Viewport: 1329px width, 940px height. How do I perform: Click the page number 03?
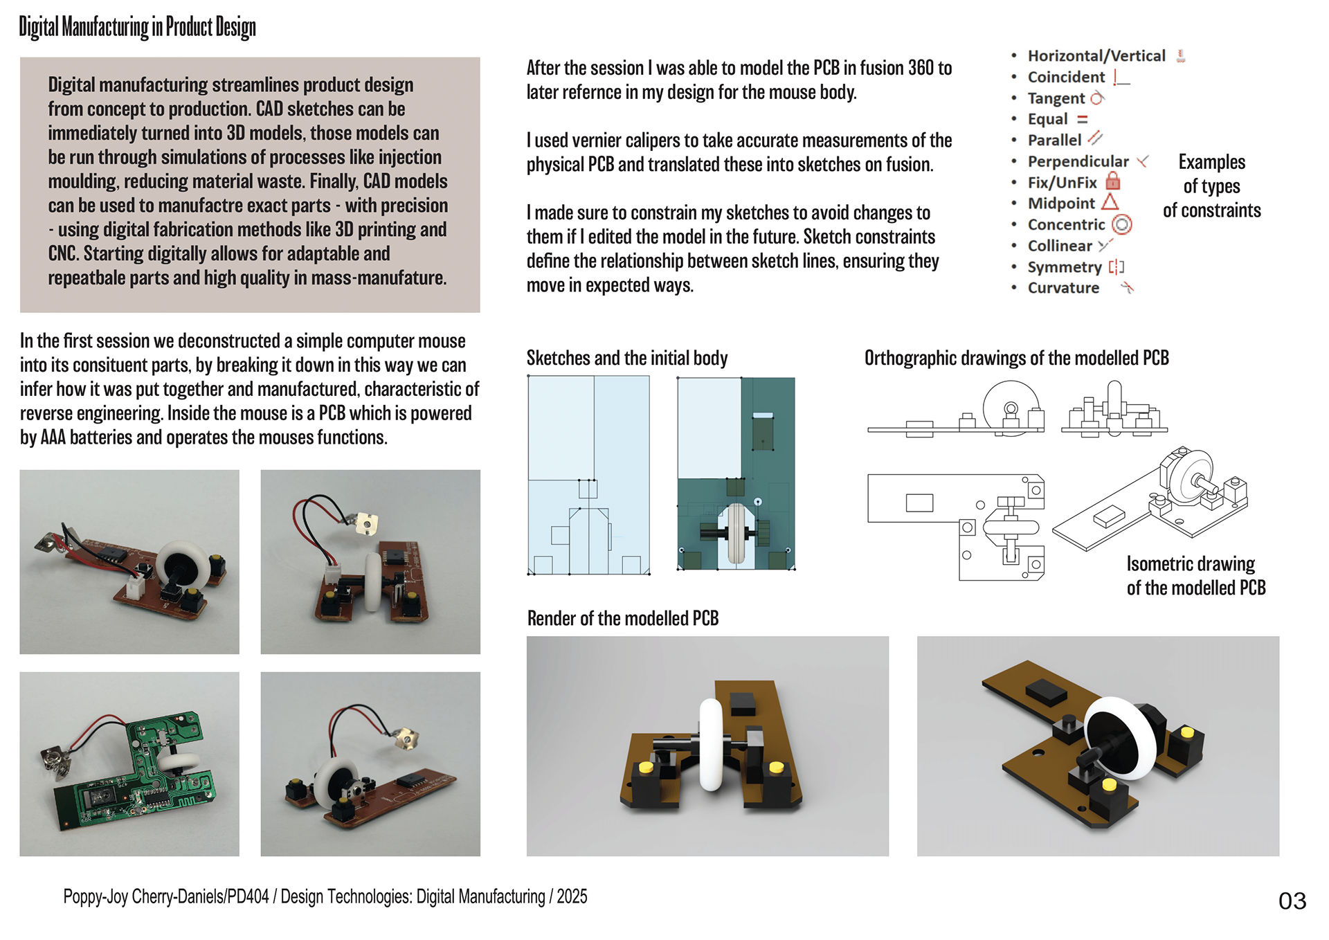[x=1292, y=901]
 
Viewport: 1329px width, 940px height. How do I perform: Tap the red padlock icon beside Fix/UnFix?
[x=1112, y=181]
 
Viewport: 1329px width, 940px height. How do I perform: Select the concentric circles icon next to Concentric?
[x=1121, y=224]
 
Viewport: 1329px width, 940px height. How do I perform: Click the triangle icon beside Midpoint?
[x=1110, y=202]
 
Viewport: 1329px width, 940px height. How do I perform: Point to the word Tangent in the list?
[x=1056, y=98]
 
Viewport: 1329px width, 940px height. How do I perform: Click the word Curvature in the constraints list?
[x=1063, y=288]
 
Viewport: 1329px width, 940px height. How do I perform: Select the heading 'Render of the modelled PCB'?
[x=622, y=618]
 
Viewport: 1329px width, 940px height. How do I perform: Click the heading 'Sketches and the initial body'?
[x=626, y=358]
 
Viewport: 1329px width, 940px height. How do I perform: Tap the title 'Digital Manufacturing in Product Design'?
[x=137, y=27]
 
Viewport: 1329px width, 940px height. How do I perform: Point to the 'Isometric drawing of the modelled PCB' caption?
[x=1195, y=576]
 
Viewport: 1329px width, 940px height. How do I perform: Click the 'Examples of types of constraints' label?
[x=1211, y=186]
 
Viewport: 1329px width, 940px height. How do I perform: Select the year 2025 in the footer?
[x=572, y=896]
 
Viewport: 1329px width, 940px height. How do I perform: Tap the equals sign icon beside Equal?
[x=1083, y=119]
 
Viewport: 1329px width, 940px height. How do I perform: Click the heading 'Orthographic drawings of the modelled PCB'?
[x=1016, y=358]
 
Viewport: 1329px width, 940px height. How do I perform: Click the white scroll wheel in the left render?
[x=712, y=744]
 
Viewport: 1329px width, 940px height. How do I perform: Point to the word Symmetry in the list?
[x=1064, y=267]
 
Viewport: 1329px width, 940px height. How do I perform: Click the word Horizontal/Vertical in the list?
[x=1096, y=55]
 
